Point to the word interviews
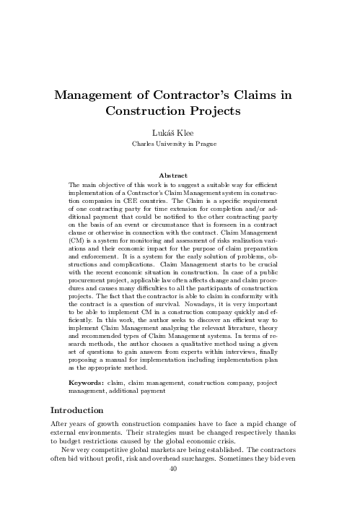[232, 352]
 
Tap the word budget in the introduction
[73, 447]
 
